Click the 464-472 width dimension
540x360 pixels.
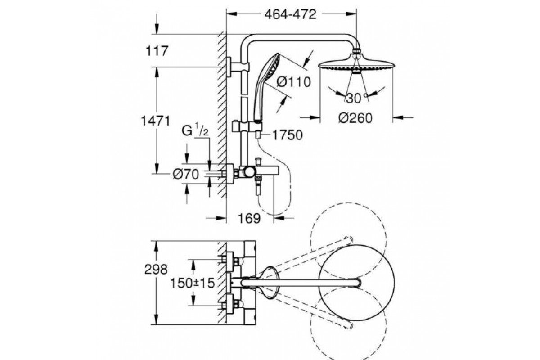pyautogui.click(x=290, y=14)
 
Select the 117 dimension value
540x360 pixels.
pyautogui.click(x=157, y=51)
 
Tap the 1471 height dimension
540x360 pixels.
pyautogui.click(x=156, y=121)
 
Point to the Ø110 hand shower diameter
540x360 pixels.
pyautogui.click(x=293, y=82)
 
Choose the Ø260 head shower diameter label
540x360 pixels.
pyautogui.click(x=355, y=118)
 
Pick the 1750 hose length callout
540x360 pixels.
pyautogui.click(x=288, y=135)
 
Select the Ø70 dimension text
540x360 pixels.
pyautogui.click(x=186, y=174)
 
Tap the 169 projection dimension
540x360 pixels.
pyautogui.click(x=249, y=219)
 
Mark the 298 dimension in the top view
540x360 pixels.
pyautogui.click(x=156, y=270)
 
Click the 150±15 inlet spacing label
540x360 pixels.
pyautogui.click(x=193, y=283)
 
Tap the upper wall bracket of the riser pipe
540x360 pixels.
pyautogui.click(x=238, y=67)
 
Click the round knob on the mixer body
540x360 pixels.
pyautogui.click(x=249, y=172)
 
